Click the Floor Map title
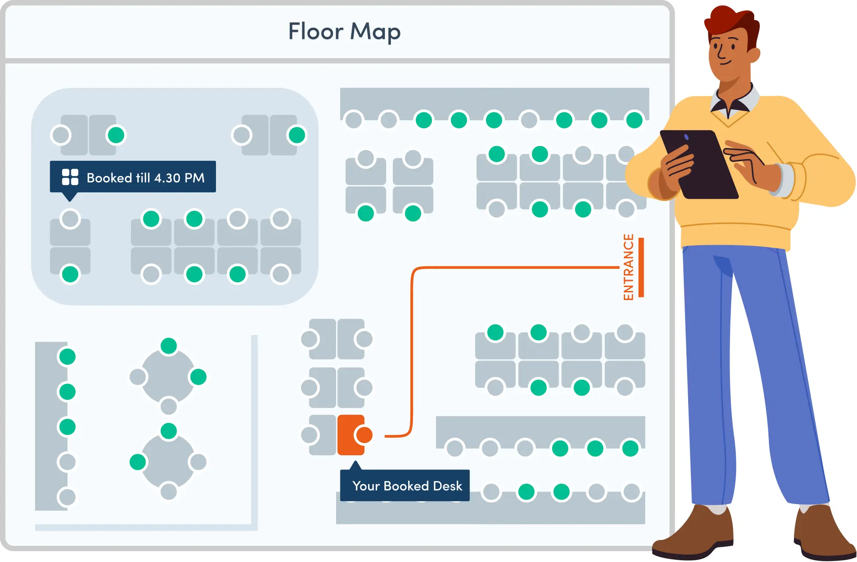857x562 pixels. click(344, 32)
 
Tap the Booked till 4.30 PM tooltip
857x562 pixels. click(133, 177)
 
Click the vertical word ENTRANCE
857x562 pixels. click(628, 267)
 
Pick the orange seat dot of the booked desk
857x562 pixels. click(364, 435)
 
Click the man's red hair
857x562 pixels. click(730, 22)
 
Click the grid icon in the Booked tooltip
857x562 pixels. click(70, 177)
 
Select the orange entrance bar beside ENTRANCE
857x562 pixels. click(641, 267)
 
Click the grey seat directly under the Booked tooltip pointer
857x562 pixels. click(70, 219)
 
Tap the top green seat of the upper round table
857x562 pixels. click(168, 346)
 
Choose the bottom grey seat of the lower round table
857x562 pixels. click(168, 491)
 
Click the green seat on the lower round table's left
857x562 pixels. click(138, 462)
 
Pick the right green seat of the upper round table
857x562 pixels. click(198, 377)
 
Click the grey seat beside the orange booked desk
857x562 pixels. click(310, 435)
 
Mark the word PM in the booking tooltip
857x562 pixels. click(194, 178)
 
